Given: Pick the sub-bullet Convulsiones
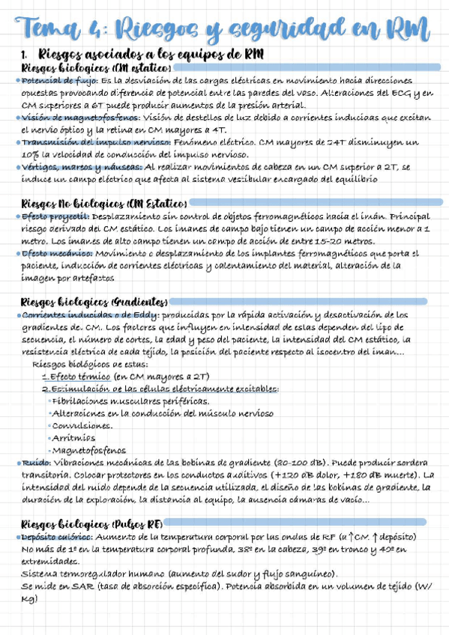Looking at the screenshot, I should tap(82, 425).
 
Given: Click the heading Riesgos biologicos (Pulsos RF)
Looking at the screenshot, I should tap(94, 523).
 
